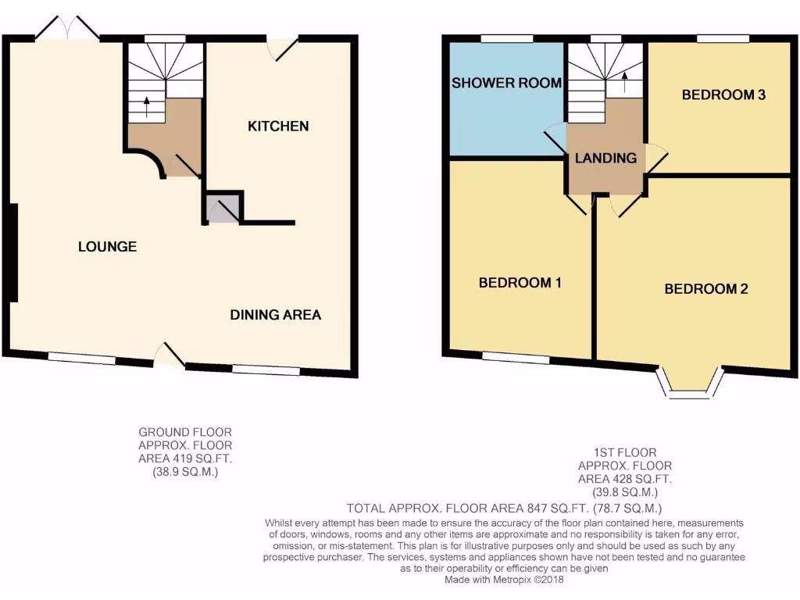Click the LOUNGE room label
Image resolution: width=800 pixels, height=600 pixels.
(107, 247)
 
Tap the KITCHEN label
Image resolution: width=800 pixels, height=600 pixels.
(278, 127)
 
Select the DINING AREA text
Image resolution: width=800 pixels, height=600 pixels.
(275, 315)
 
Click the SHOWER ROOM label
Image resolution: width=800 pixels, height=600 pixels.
(506, 83)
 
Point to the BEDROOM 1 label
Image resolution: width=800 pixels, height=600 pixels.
(520, 283)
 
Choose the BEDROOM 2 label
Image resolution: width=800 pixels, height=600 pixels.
(705, 289)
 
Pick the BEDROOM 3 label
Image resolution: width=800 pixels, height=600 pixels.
(723, 95)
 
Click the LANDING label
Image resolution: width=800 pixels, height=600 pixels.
(605, 158)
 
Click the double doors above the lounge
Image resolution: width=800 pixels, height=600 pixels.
(67, 29)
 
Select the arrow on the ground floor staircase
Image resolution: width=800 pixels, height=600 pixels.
(146, 105)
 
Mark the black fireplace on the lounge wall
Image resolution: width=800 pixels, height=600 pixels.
(12, 252)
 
